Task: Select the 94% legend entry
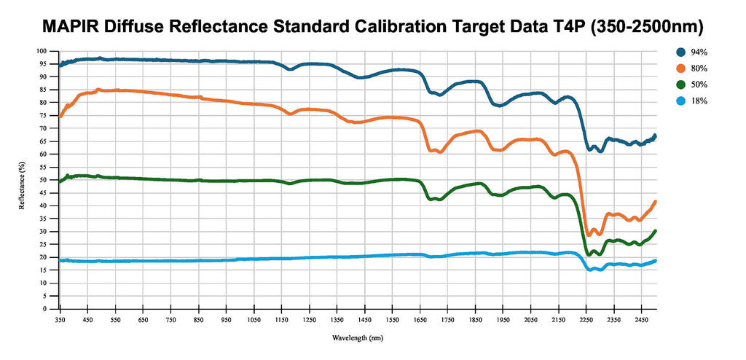click(693, 52)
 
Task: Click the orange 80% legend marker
click(680, 69)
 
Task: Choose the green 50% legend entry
click(693, 85)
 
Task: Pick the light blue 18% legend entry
click(693, 101)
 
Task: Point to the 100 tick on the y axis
click(41, 51)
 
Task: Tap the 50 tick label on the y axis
click(42, 180)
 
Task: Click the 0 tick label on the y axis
click(44, 309)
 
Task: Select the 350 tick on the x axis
click(60, 319)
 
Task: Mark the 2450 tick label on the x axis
click(641, 319)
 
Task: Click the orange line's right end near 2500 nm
click(655, 202)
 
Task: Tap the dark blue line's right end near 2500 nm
click(655, 136)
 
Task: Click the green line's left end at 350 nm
click(60, 180)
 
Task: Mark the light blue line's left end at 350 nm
click(60, 260)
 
